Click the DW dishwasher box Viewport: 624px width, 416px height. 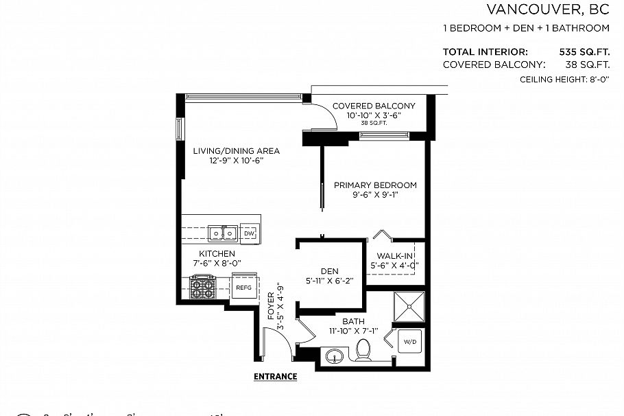[x=249, y=233]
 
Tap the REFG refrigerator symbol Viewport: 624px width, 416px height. [x=243, y=288]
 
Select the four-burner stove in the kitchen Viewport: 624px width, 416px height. [x=202, y=287]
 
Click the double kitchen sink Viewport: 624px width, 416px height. [x=222, y=233]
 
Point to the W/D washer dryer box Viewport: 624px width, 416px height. [x=410, y=341]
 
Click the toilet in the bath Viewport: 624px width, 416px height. [x=363, y=351]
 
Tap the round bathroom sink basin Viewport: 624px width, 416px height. [x=335, y=357]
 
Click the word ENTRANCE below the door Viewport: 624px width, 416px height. [x=275, y=376]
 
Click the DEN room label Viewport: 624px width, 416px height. [x=330, y=270]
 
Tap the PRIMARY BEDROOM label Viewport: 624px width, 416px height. [x=375, y=185]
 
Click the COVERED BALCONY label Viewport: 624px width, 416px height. [x=374, y=106]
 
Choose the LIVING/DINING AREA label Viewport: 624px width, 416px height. [x=226, y=151]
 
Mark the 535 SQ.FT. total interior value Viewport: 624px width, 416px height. [x=585, y=51]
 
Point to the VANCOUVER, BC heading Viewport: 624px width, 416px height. [x=547, y=9]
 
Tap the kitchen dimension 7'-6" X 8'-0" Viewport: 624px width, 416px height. [x=217, y=262]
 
